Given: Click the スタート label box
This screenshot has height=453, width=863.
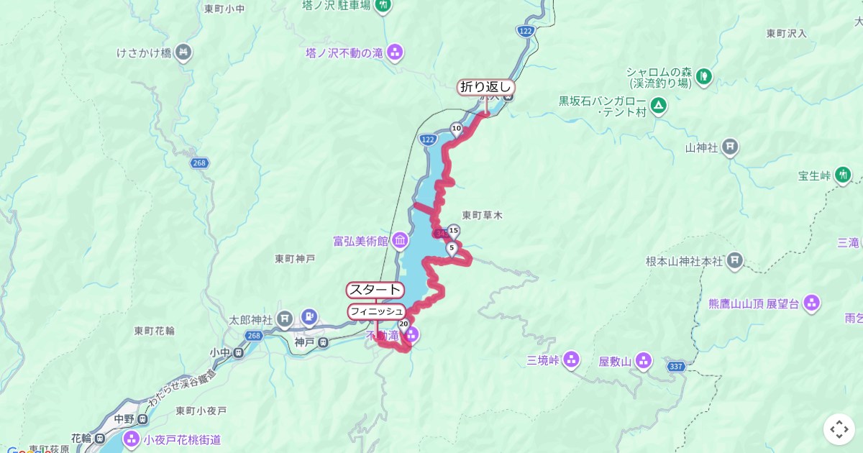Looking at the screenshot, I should (375, 290).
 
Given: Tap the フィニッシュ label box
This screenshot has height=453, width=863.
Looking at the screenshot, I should (376, 311).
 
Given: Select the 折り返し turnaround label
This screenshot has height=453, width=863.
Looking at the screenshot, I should (486, 87).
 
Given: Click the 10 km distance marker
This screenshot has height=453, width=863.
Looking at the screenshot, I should (456, 129).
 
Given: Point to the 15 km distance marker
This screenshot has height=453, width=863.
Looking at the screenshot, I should (453, 231).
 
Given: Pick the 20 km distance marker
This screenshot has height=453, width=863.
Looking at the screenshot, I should (403, 324).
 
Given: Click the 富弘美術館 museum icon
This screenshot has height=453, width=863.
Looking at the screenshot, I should (400, 239).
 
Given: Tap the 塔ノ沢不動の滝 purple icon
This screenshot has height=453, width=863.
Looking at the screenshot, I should (394, 52).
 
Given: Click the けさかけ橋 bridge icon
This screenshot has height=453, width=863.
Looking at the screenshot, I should (183, 52).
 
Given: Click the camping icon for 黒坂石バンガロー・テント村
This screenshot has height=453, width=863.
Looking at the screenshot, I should (658, 106).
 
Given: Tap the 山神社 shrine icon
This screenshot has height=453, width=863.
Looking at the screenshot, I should (730, 147).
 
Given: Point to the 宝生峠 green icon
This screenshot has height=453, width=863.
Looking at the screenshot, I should (843, 175).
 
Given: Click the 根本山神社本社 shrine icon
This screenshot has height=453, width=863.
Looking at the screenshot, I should (734, 260).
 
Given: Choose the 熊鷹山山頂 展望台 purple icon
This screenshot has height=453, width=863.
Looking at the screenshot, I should (812, 303).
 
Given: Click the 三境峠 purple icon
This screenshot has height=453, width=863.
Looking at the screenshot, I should (571, 358).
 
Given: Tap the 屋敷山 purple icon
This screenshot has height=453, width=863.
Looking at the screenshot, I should (643, 361).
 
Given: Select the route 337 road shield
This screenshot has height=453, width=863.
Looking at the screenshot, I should (675, 367).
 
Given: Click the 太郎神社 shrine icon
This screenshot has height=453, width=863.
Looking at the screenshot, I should (286, 317).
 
